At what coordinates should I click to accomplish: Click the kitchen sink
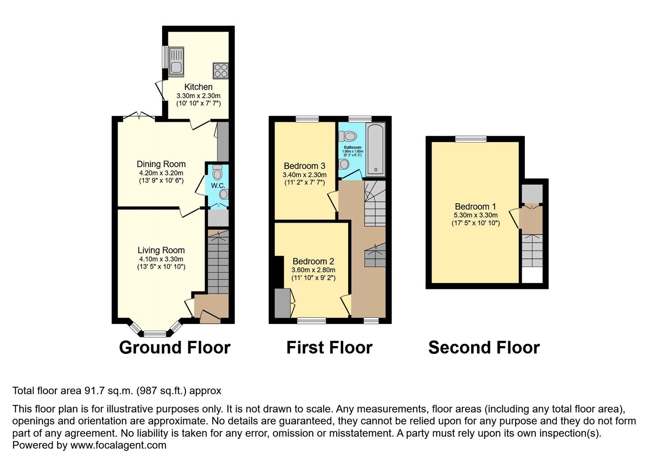click(x=176, y=62)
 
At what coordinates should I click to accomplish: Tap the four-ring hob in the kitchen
click(x=221, y=71)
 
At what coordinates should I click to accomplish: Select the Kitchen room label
click(x=198, y=87)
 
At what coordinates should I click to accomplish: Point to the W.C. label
click(x=218, y=186)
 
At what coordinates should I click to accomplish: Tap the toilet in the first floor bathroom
click(x=348, y=136)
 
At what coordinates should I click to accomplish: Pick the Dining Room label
click(x=161, y=164)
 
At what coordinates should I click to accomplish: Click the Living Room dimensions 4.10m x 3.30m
click(x=161, y=259)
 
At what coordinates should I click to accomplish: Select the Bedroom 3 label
click(x=305, y=166)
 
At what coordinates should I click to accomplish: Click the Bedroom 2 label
click(x=313, y=261)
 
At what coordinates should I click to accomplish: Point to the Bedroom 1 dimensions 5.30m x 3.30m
click(x=476, y=216)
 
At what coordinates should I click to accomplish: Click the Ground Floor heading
click(x=175, y=348)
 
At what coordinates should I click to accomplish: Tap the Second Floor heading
click(x=484, y=348)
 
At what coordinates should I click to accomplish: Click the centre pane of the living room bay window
click(x=155, y=334)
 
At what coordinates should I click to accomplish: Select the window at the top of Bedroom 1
click(x=471, y=139)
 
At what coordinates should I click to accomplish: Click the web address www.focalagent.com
click(x=118, y=445)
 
